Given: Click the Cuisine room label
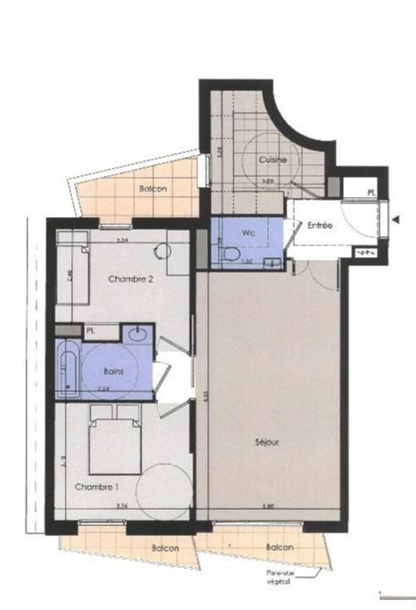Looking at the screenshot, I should pyautogui.click(x=273, y=160).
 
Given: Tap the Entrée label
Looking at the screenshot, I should pyautogui.click(x=319, y=224).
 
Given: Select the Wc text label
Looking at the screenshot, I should pyautogui.click(x=247, y=232).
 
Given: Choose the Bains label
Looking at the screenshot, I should pyautogui.click(x=115, y=372).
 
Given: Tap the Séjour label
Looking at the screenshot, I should pyautogui.click(x=267, y=443).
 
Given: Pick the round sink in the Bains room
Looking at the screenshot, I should pyautogui.click(x=138, y=333).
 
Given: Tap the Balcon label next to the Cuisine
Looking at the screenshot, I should pyautogui.click(x=152, y=189).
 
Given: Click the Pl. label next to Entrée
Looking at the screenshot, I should pyautogui.click(x=370, y=193).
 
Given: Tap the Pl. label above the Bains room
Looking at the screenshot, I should pyautogui.click(x=91, y=329).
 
